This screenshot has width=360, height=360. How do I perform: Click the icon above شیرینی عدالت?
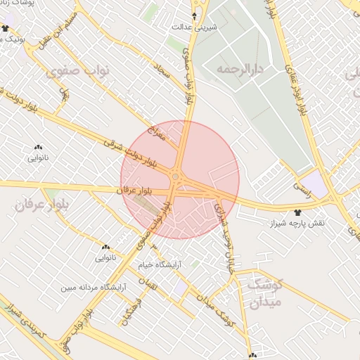click(195, 15)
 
